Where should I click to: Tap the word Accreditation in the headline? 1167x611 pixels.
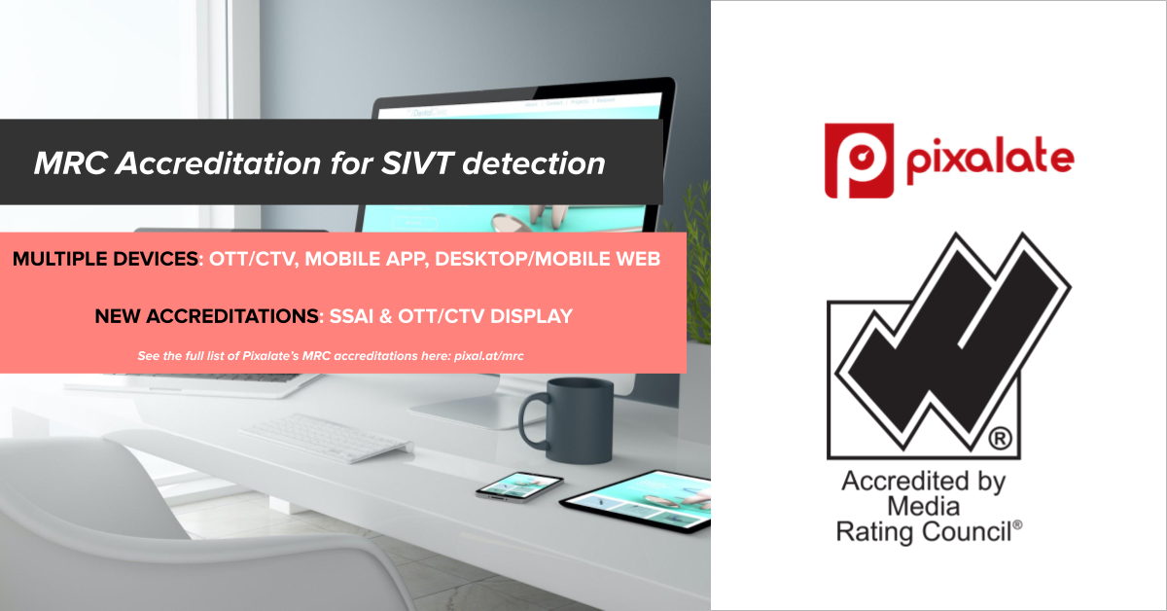(x=218, y=163)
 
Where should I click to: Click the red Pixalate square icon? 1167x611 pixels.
(x=859, y=161)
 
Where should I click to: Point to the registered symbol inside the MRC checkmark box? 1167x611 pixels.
(x=1000, y=439)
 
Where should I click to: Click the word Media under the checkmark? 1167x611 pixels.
(x=923, y=506)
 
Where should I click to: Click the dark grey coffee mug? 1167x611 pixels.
(x=567, y=420)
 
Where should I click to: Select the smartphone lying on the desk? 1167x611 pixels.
(x=519, y=485)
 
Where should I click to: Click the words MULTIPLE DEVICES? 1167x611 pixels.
(x=105, y=259)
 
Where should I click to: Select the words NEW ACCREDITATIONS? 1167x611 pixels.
(x=207, y=316)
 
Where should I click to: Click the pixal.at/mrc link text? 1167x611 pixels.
(x=488, y=356)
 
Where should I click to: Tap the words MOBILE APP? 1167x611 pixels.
(x=367, y=259)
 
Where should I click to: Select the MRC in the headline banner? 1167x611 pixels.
(x=70, y=163)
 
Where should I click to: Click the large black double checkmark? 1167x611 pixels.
(x=953, y=341)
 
